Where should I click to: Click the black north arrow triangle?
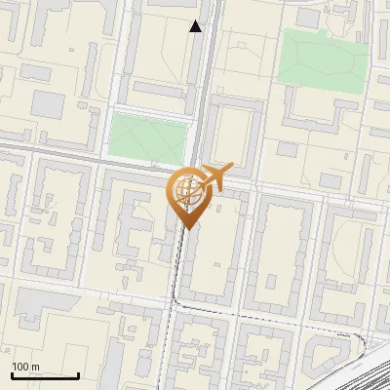click(196, 26)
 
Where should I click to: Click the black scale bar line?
click(45, 375)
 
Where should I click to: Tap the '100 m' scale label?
click(26, 367)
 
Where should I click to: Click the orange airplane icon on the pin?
click(216, 176)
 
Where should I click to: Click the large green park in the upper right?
click(322, 58)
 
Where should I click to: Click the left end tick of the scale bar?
click(12, 374)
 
